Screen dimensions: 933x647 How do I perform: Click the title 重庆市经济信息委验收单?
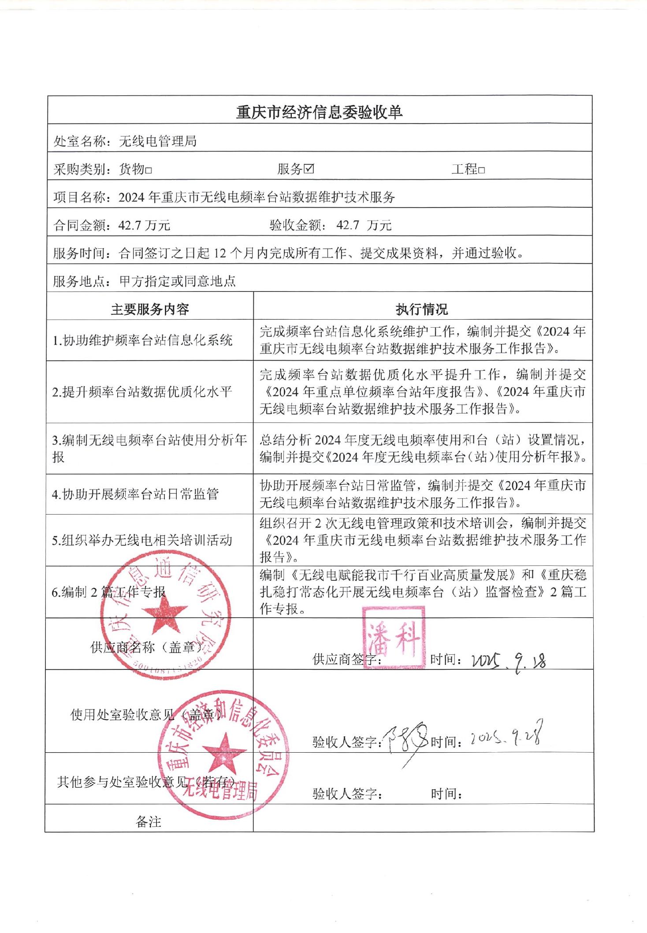[319, 112]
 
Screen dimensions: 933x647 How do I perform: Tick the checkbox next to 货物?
[149, 170]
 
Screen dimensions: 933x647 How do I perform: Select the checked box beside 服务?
[309, 169]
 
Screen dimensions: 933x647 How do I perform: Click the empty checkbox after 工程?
[481, 170]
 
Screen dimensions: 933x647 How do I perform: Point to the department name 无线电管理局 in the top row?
[157, 142]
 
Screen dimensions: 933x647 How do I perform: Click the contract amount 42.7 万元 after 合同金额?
[144, 225]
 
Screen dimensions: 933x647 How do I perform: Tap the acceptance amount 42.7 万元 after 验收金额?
[364, 225]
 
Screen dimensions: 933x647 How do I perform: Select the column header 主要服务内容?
[150, 309]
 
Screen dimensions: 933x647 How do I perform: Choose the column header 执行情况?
[421, 309]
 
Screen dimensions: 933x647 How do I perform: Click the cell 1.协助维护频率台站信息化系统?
[142, 340]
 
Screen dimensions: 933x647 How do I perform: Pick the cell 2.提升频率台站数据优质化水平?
[142, 392]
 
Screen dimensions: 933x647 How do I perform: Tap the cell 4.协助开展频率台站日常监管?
[136, 494]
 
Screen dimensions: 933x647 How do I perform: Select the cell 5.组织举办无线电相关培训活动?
[142, 540]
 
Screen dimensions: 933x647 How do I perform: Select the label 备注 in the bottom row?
[149, 821]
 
